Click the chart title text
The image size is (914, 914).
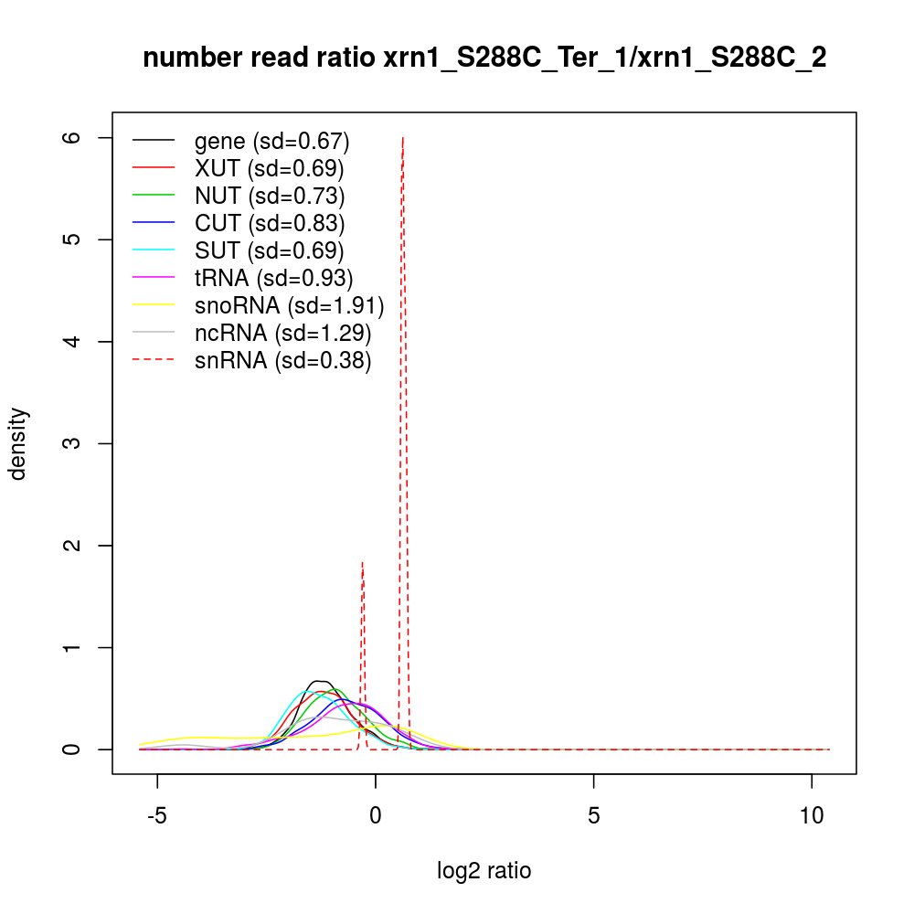coord(484,58)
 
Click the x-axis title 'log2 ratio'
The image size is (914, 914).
coord(484,871)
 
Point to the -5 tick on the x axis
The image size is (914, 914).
coord(157,814)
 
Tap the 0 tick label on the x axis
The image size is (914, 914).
coord(376,814)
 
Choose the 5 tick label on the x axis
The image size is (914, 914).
coord(594,814)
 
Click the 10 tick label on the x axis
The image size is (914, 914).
coord(812,814)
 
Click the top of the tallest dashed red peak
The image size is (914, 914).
coord(403,138)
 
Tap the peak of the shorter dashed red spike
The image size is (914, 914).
coord(363,562)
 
